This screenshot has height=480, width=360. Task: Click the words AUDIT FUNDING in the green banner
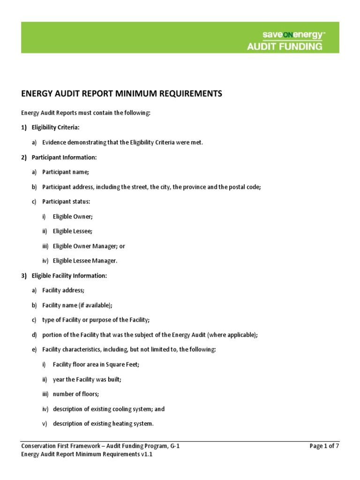[285, 46]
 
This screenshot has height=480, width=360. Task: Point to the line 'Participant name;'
[65, 172]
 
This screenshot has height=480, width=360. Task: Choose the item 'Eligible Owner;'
[73, 217]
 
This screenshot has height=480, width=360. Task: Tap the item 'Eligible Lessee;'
[73, 231]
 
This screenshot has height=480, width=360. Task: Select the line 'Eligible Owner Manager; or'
[89, 246]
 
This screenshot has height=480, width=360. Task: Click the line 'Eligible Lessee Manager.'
[85, 261]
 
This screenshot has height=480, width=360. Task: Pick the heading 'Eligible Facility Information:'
[69, 276]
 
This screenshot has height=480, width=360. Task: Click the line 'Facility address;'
[63, 291]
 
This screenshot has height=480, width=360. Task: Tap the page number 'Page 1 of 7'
[324, 446]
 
